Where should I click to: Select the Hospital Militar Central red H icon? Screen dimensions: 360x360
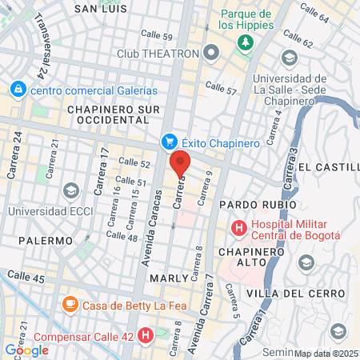click(238, 229)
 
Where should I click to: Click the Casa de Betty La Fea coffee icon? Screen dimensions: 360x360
click(71, 304)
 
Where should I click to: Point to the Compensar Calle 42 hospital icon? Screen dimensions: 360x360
click(146, 335)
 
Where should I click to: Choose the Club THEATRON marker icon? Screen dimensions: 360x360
click(211, 54)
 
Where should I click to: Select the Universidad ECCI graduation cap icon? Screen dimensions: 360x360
click(70, 190)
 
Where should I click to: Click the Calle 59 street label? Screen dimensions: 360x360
click(156, 36)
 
